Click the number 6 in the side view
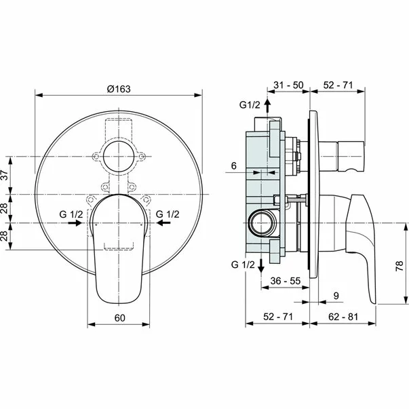pos(233,165)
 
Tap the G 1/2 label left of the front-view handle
pos(71,214)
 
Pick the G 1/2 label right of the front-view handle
pos(168,214)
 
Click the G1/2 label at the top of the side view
pos(249,105)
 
